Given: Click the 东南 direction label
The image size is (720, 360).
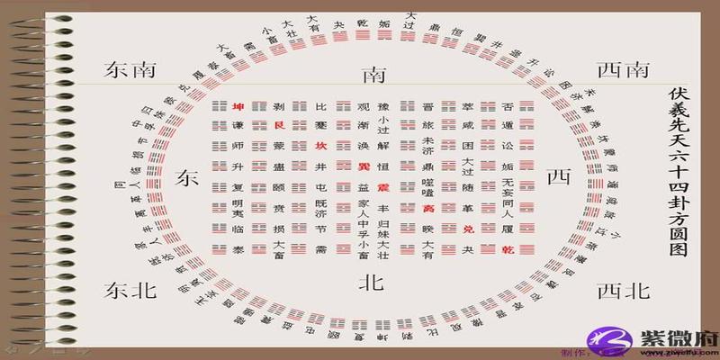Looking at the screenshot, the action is point(131,70).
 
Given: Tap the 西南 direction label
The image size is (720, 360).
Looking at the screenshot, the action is point(623,70).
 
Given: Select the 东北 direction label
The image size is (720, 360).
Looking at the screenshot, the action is point(131,290).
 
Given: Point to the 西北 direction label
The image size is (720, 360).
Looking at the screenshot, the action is point(623,290).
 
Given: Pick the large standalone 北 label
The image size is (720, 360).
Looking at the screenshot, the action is point(372,283).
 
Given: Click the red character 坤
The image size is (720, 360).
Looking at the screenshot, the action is point(238,106).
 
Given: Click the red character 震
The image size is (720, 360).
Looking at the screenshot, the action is point(384,188).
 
